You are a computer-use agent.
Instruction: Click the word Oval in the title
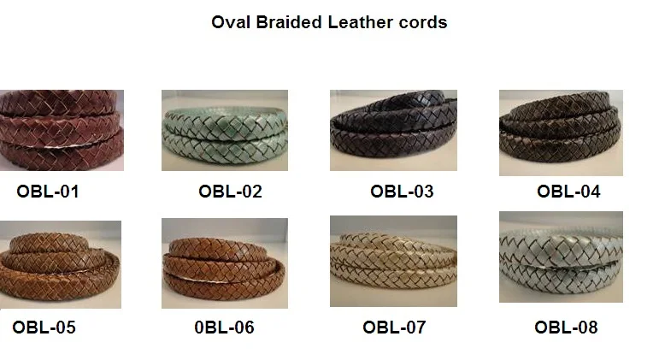pos(229,22)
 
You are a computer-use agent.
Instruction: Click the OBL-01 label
pos(48,192)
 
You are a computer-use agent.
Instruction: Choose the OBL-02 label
pos(230,192)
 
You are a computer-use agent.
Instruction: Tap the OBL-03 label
pos(402,192)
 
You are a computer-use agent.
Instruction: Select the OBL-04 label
pos(568,192)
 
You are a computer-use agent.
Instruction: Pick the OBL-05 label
pos(44,327)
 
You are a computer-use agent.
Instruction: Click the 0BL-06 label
pos(224,327)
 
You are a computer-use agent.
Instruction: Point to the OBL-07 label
pos(394,327)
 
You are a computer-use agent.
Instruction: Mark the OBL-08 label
pos(566,327)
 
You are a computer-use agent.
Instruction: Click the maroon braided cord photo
pos(62,130)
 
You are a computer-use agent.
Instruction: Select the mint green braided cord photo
pos(225,130)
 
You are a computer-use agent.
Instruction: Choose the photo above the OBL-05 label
pos(60,264)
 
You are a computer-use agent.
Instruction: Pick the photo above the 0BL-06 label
pos(225,263)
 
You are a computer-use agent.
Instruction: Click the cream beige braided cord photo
pos(393,261)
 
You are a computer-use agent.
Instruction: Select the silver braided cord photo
pos(561,257)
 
